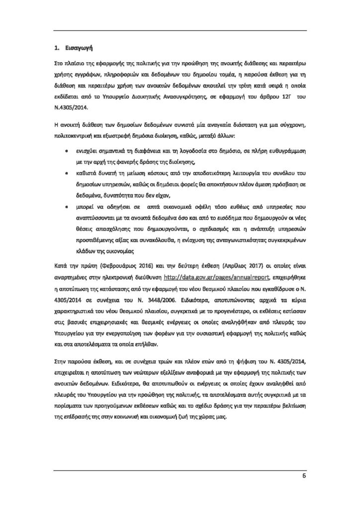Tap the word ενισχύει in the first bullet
(x=89, y=150)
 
